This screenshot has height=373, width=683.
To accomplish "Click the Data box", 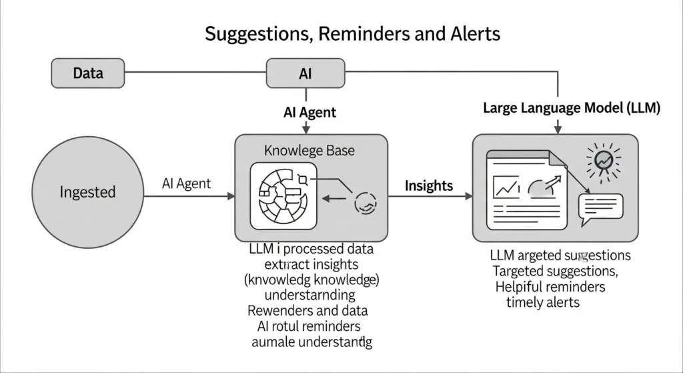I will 87,73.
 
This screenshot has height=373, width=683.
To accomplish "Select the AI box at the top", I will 305,73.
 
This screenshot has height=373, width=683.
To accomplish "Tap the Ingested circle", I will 87,192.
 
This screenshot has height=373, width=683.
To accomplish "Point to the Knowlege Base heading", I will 309,150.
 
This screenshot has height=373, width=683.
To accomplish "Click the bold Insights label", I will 429,185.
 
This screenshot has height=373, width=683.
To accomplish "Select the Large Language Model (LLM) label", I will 571,108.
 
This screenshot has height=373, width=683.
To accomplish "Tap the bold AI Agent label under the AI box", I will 309,112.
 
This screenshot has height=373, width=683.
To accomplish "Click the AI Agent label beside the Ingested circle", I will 186,183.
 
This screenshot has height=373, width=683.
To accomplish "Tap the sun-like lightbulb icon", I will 603,160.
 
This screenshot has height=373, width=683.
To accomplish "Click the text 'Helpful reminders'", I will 550,286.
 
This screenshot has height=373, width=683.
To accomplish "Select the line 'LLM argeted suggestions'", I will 560,256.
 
